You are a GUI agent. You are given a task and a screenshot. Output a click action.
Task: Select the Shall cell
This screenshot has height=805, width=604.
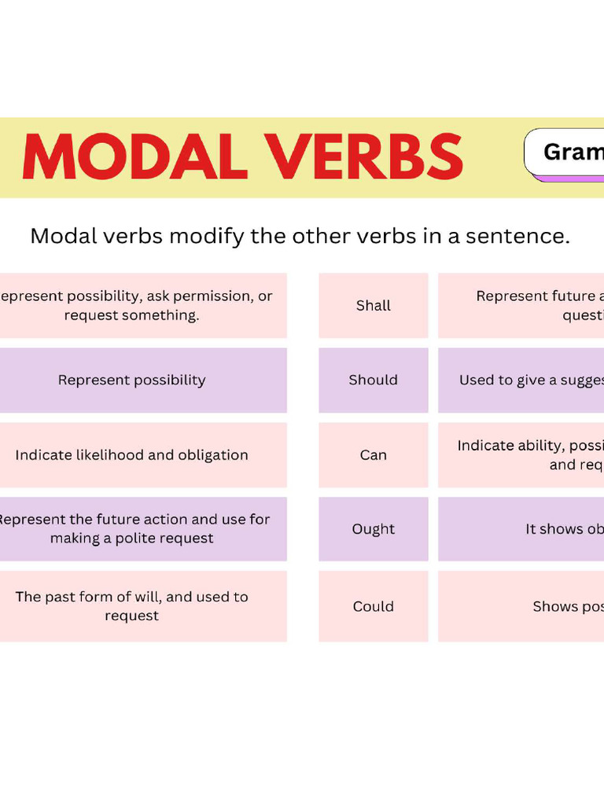pos(374,306)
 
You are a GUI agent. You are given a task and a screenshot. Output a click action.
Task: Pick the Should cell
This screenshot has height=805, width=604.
pos(374,380)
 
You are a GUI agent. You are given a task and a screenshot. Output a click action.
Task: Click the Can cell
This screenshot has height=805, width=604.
pos(374,455)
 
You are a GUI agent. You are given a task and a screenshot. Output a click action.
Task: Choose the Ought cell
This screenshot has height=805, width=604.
pos(374,529)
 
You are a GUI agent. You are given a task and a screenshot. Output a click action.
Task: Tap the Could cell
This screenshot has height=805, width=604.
pos(374,606)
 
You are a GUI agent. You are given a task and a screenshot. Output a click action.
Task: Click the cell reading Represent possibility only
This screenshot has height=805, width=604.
pos(132,380)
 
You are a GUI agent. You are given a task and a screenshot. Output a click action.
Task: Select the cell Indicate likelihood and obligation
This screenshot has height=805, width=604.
pos(132,455)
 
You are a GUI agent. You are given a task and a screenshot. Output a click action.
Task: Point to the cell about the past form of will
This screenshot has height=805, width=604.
pos(132,606)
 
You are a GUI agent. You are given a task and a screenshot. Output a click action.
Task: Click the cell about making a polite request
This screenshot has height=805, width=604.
pos(132,529)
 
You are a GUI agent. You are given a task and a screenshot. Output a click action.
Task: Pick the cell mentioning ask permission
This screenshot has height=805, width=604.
pos(132,306)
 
